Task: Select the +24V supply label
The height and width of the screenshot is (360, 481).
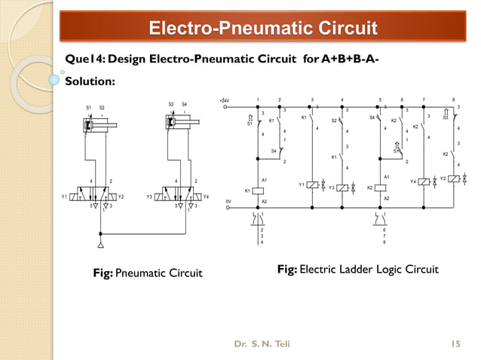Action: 223,99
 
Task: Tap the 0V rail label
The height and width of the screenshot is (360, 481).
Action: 228,201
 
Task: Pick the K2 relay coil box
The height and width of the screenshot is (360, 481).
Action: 381,187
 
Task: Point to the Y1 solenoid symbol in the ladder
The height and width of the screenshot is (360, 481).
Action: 312,185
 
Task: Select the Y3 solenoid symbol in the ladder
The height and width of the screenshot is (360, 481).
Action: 342,187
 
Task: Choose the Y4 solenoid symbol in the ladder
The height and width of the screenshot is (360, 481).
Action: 424,182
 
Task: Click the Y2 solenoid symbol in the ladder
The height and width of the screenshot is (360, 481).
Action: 453,178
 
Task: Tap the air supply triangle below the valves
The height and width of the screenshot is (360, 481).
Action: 100,245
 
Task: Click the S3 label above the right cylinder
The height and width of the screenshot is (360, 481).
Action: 171,104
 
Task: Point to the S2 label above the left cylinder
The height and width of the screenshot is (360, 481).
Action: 102,108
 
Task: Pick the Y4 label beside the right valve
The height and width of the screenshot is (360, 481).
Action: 207,197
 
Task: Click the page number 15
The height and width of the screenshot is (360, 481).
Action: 455,344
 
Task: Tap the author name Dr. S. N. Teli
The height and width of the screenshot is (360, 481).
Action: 262,344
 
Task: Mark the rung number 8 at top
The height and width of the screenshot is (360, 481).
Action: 453,99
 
